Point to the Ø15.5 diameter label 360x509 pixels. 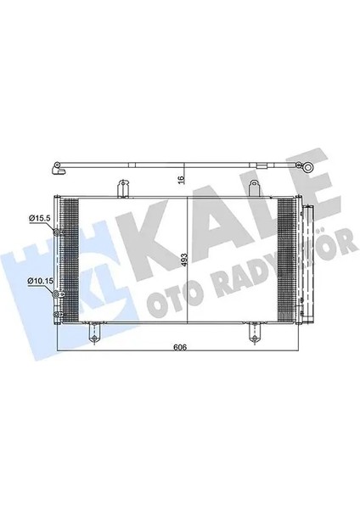point(39,219)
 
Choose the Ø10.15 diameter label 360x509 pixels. point(39,280)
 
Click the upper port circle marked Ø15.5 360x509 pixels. point(58,231)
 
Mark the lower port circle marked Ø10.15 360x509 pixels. point(58,294)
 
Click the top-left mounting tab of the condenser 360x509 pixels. point(122,186)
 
